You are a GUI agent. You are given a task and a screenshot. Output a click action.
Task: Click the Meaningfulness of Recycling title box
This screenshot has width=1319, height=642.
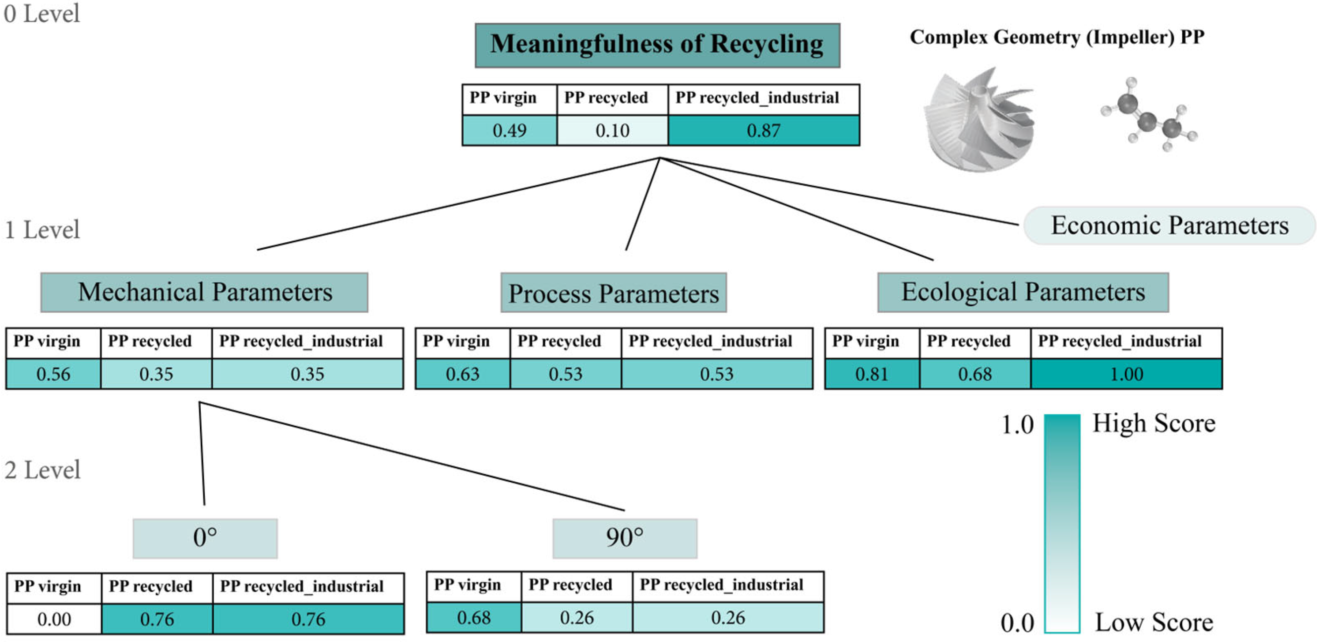point(657,45)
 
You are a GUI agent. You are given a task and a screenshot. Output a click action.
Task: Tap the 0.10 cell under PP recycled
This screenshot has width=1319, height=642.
point(612,131)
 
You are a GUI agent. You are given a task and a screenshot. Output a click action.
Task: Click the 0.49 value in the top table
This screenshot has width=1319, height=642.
point(509,131)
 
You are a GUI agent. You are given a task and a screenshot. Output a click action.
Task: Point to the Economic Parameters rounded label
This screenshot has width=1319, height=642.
point(1169,226)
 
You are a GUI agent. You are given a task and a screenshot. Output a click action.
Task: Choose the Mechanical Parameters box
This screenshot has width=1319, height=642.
point(204,293)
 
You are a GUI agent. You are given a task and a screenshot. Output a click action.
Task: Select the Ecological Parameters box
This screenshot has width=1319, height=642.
point(1023,293)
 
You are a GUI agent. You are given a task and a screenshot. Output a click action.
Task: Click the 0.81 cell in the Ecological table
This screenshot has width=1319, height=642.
point(872,374)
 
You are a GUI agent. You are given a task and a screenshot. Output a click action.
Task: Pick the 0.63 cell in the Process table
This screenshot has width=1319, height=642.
point(462,374)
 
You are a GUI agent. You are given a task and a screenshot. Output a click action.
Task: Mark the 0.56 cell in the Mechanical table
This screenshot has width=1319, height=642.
point(53,374)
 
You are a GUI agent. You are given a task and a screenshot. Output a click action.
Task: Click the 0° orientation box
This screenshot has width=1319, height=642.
point(205,538)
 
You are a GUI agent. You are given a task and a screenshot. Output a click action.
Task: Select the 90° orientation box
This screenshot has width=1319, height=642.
point(624,538)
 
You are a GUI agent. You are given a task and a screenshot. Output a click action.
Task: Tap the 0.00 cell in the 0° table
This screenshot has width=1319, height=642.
point(54,619)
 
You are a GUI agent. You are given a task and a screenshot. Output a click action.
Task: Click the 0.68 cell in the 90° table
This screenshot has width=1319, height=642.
point(474,618)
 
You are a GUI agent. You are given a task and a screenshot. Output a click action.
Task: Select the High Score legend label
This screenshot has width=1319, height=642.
point(1154,424)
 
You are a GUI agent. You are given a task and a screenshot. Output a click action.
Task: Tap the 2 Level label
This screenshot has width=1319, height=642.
point(42,470)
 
